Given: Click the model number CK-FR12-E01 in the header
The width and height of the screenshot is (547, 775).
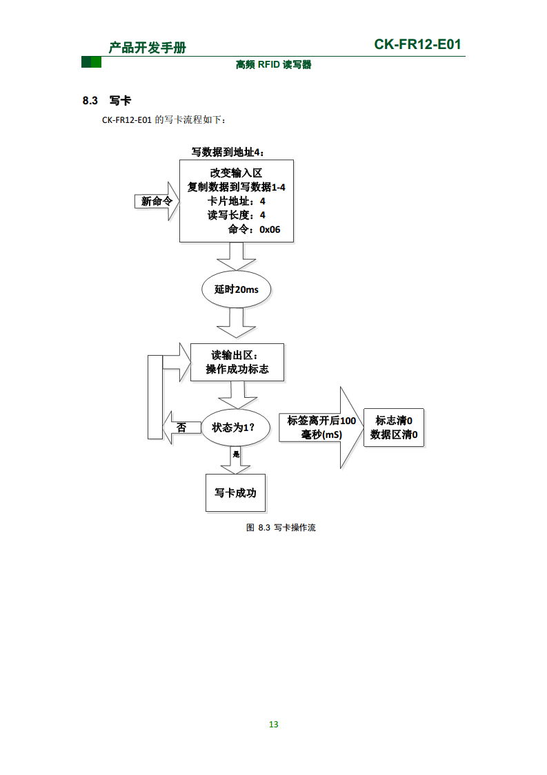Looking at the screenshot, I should click(417, 45).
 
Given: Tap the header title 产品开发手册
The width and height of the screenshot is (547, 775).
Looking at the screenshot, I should click(148, 47).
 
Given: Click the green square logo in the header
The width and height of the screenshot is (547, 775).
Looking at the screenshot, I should click(91, 63).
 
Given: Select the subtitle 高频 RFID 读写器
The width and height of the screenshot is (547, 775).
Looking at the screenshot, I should click(273, 65).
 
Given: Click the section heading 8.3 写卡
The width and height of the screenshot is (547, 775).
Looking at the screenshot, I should click(106, 101).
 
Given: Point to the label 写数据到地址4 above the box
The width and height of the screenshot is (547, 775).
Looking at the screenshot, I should click(227, 152).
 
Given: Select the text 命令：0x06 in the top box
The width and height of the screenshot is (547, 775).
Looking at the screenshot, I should click(254, 229).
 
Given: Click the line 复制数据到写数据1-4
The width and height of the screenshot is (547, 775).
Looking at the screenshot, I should click(237, 187).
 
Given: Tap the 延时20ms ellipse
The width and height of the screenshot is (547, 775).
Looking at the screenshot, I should click(236, 289).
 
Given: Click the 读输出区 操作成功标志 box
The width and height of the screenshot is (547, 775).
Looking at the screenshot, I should click(237, 362).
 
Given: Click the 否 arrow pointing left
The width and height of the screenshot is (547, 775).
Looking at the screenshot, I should click(178, 428).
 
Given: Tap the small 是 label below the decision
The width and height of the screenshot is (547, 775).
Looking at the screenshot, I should click(236, 455).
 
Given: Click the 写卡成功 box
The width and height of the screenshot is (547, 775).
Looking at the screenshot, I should click(235, 492).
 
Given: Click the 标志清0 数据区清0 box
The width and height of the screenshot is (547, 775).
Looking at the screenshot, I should click(394, 428).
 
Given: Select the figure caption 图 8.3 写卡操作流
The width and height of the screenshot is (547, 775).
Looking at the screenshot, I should click(281, 528).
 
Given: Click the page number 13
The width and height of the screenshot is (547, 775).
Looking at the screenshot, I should click(273, 724).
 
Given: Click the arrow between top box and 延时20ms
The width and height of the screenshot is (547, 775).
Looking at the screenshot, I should click(236, 258).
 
